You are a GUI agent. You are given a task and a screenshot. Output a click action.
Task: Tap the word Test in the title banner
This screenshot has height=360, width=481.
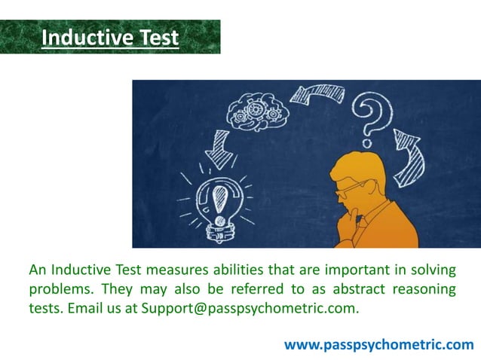pyautogui.click(x=156, y=37)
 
